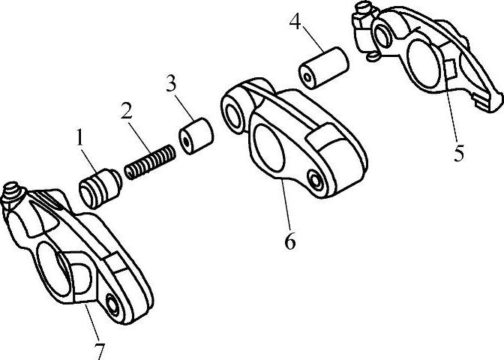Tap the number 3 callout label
coord(172,83)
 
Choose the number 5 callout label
coord(458,153)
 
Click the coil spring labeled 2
coord(150,163)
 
